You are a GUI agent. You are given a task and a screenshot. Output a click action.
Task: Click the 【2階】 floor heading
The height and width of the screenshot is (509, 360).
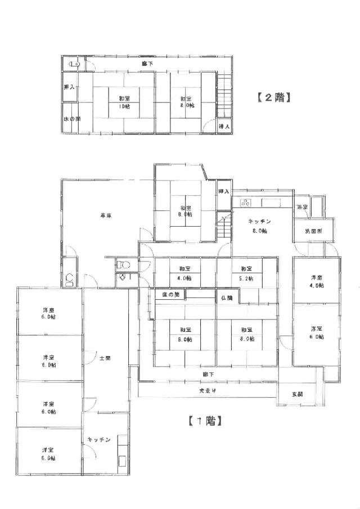pos(273,97)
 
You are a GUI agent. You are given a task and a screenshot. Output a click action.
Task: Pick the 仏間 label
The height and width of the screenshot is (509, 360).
pos(227,296)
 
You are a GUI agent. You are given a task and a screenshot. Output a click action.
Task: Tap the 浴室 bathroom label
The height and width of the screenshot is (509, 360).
pos(303,208)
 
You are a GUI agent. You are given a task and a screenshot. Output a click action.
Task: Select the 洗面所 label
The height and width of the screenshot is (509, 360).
pos(313,231)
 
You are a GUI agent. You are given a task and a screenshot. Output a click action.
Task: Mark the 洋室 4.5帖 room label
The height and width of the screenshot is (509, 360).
pos(317,281)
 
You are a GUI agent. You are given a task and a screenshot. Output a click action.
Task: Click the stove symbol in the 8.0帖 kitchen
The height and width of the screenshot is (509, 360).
pos(246,202)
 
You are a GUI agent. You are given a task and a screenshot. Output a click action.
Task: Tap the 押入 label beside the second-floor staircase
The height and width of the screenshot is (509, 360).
pos(224,128)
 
